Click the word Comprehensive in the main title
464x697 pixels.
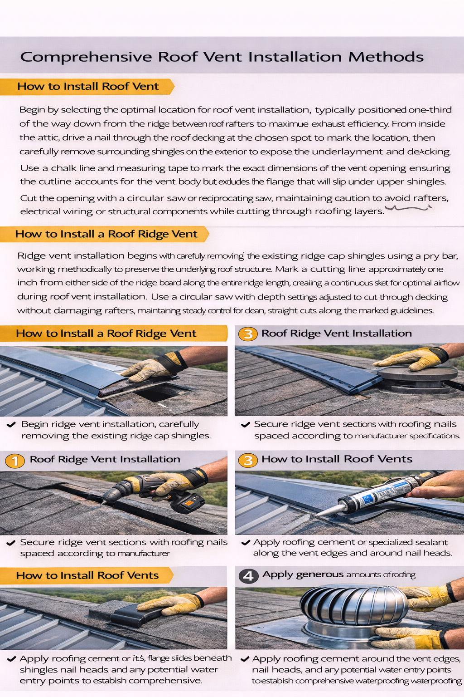[x=86, y=57]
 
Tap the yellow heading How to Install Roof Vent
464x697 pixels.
[x=88, y=87]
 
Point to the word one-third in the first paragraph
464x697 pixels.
[x=430, y=110]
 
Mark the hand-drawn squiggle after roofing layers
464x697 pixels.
[x=408, y=208]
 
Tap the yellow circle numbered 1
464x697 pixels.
[x=15, y=461]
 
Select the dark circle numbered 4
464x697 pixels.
[x=248, y=576]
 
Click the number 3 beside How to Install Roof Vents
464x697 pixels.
[x=248, y=461]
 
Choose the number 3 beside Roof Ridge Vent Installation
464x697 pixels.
[x=248, y=334]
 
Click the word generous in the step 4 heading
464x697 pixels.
[x=319, y=574]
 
